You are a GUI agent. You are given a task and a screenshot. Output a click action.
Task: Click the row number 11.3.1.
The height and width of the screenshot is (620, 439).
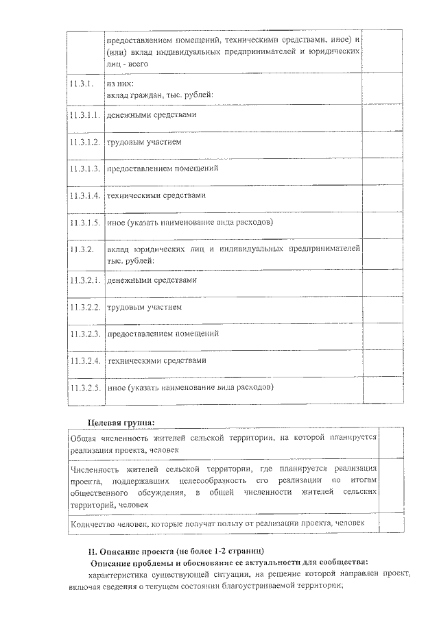point(80,84)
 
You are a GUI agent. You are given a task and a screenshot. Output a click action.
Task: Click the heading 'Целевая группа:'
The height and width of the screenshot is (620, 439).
point(121,421)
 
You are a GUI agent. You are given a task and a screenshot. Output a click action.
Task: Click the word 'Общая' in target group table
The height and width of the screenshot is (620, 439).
point(84,436)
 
